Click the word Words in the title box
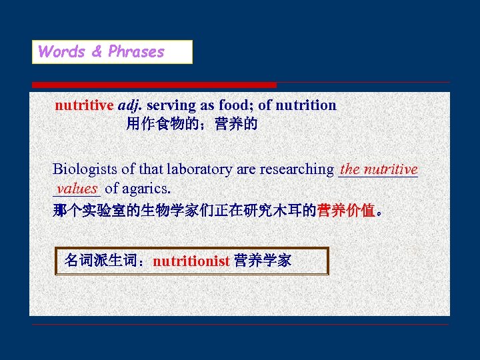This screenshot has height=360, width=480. pyautogui.click(x=61, y=52)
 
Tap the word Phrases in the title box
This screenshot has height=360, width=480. pyautogui.click(x=136, y=52)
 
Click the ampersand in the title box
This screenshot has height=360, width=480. pyautogui.click(x=96, y=52)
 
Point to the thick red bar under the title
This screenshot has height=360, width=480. pyautogui.click(x=154, y=85)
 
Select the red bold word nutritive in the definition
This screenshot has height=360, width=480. pyautogui.click(x=84, y=105)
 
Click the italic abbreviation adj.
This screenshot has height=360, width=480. pyautogui.click(x=130, y=105)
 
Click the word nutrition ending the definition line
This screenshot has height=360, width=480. pyautogui.click(x=305, y=105)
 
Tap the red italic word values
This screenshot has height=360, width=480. pyautogui.click(x=77, y=189)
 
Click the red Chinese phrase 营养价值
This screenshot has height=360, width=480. pyautogui.click(x=346, y=211)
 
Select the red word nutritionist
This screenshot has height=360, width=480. pyautogui.click(x=191, y=261)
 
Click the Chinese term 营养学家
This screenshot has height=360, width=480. pyautogui.click(x=263, y=261)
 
